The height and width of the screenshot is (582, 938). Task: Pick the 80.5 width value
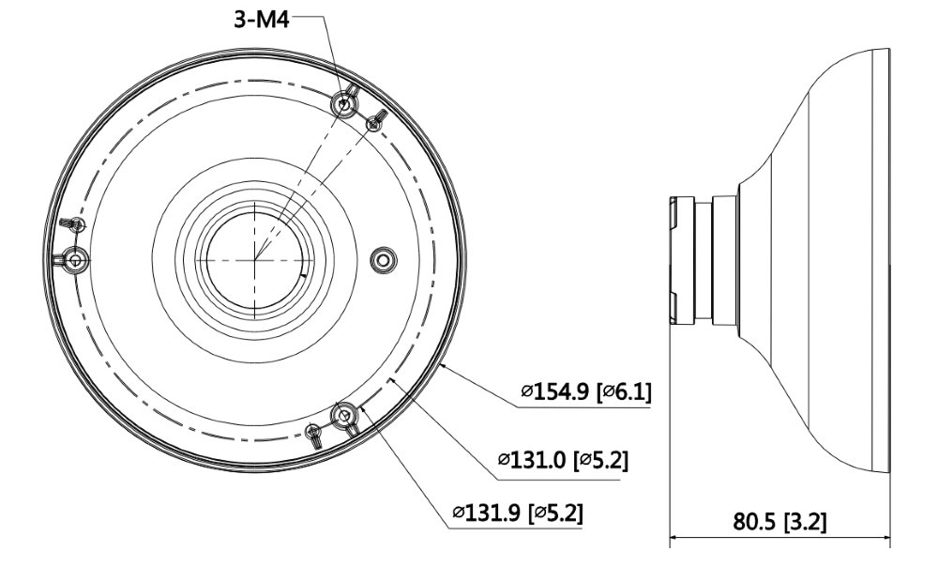pyautogui.click(x=755, y=521)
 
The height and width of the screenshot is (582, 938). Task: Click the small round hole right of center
pyautogui.click(x=382, y=259)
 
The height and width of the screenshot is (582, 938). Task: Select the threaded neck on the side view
pyautogui.click(x=691, y=257)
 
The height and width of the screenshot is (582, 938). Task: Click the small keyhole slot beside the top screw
pyautogui.click(x=375, y=120)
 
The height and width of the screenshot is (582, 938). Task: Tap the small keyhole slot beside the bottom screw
pyautogui.click(x=314, y=432)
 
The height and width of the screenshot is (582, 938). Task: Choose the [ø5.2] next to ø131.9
pyautogui.click(x=560, y=513)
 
